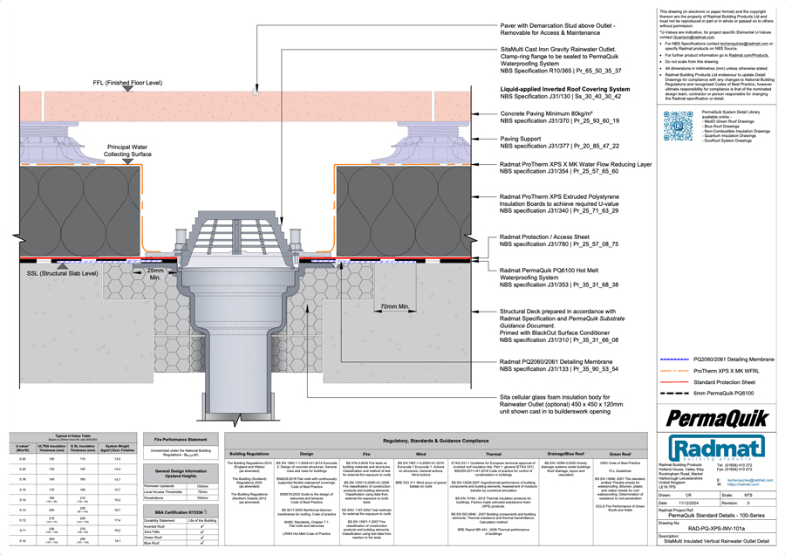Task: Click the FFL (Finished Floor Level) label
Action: [127, 83]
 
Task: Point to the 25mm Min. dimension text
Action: [155, 275]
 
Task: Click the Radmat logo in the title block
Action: [713, 444]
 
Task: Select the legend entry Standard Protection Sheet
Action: [727, 381]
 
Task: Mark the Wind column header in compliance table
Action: [420, 454]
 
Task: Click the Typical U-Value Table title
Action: [70, 434]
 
